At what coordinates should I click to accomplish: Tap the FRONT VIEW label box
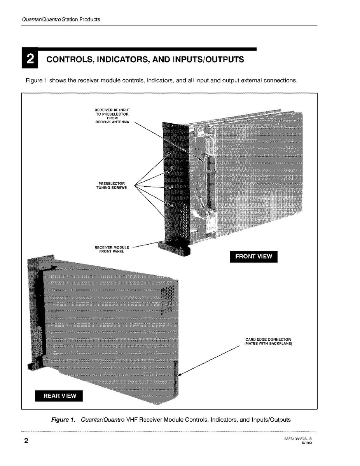click(x=253, y=256)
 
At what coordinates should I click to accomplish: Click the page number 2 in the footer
click(x=26, y=441)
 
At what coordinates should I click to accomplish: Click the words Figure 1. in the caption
click(x=63, y=420)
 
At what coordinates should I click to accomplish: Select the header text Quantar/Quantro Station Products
click(x=60, y=19)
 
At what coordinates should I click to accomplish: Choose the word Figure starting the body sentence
click(x=33, y=81)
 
